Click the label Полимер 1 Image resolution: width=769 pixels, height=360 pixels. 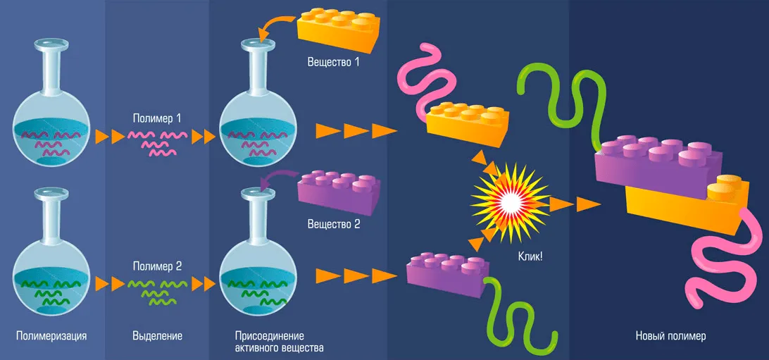pos(157,118)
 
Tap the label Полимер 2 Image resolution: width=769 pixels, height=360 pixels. pos(157,267)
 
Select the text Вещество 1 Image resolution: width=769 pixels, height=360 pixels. pos(333,61)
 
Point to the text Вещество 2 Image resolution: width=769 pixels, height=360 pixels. pos(333,225)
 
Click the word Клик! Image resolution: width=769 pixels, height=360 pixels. pos(530,257)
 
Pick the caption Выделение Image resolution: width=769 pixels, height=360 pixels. pos(157,335)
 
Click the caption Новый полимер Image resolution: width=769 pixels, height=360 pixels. pos(670,335)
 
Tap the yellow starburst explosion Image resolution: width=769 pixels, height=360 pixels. pos(507,200)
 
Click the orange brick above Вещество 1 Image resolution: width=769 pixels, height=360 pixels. pos(339,28)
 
